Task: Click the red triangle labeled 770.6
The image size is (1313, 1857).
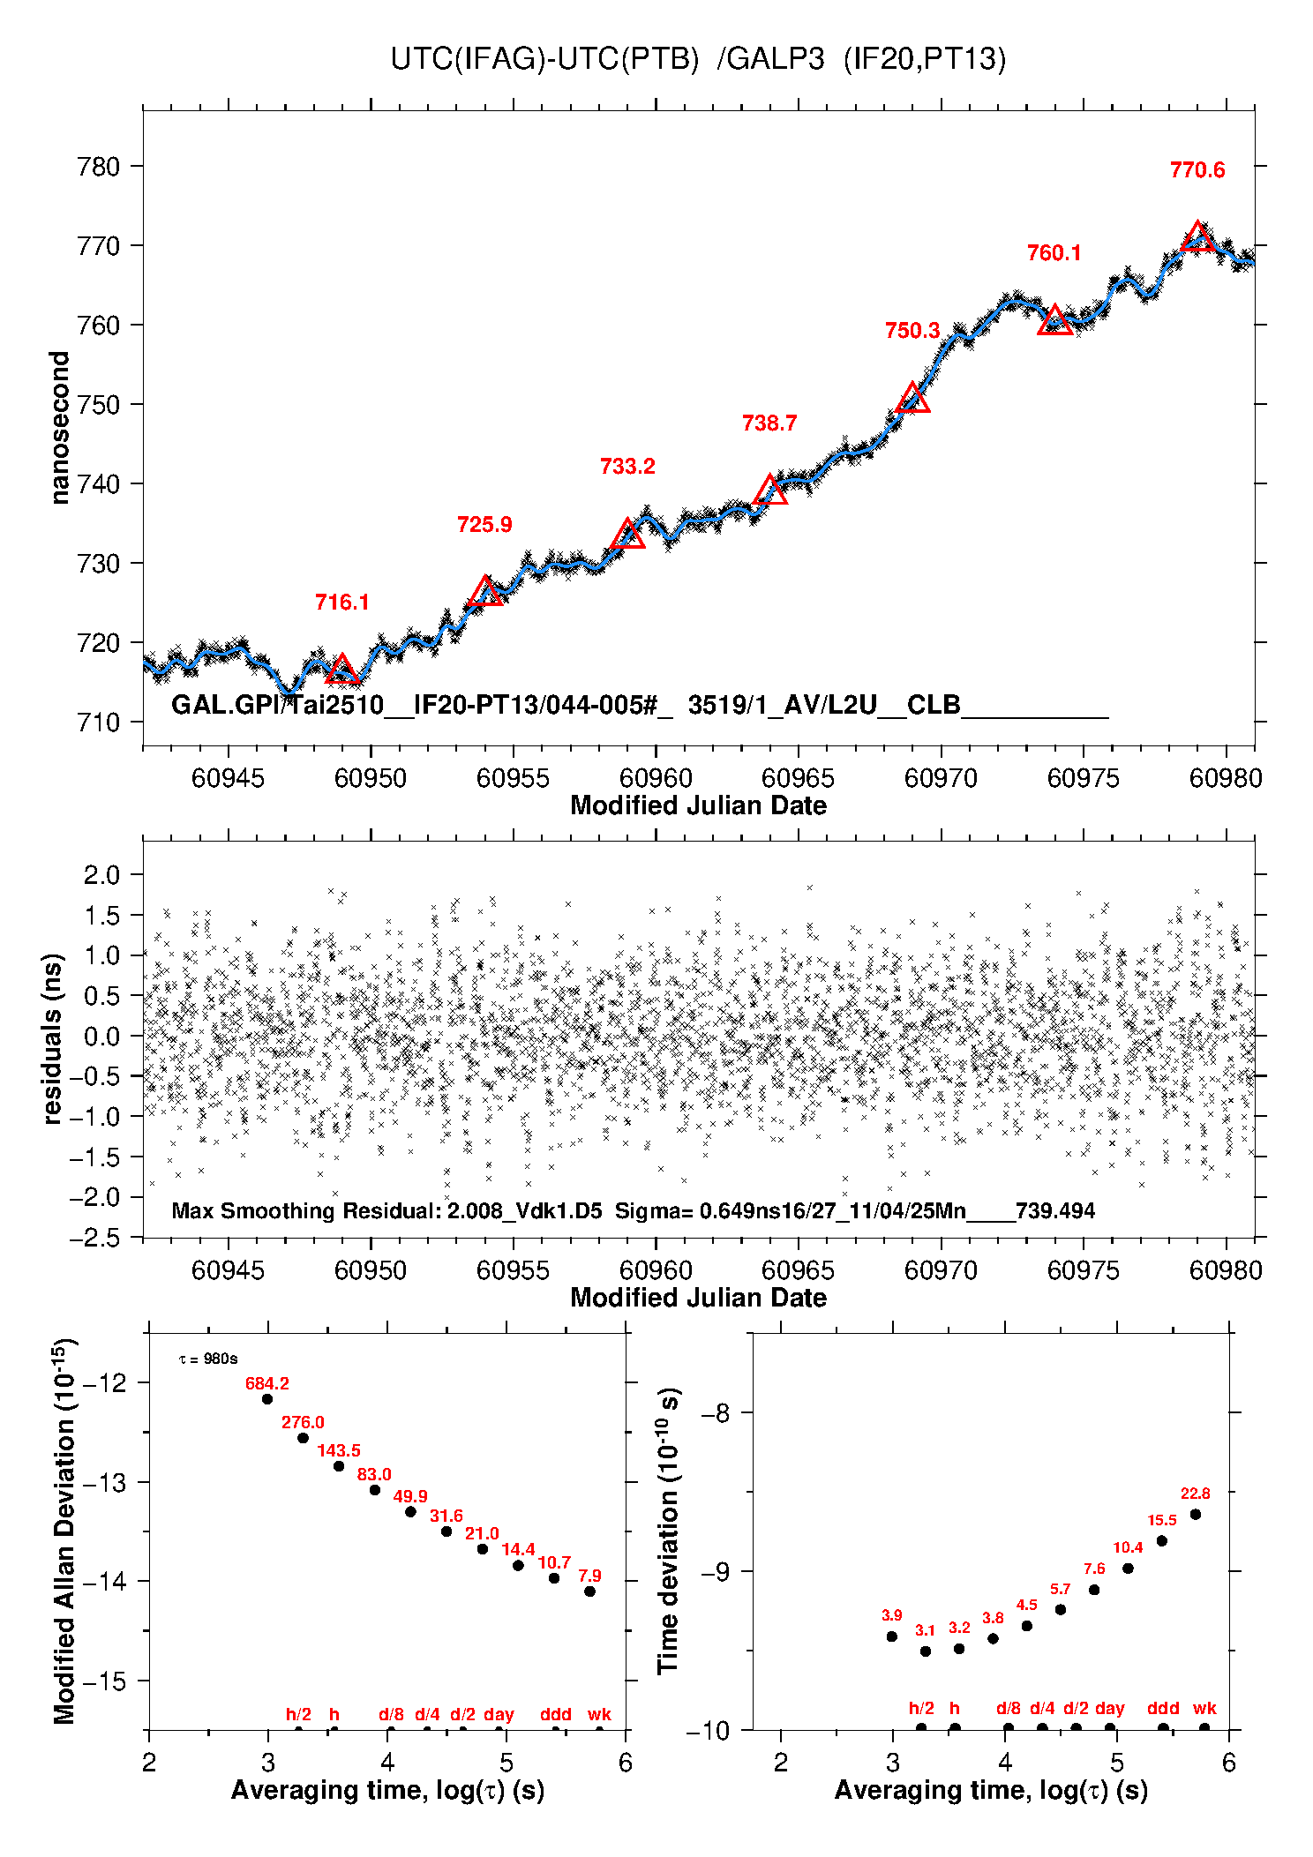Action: coord(1197,237)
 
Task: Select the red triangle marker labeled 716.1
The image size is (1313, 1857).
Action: coord(342,670)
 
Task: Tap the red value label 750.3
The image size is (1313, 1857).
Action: coord(912,331)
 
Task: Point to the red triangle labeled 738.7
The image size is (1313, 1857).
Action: coord(770,490)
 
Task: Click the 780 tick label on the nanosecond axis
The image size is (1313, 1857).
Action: coord(99,167)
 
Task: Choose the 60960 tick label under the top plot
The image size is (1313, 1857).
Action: coord(656,778)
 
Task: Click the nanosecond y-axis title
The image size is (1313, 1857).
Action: coord(59,428)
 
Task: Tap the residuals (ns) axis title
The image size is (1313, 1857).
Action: coord(52,1038)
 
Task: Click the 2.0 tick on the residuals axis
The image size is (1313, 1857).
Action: coord(101,875)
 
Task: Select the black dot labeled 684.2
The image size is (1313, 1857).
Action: coord(267,1399)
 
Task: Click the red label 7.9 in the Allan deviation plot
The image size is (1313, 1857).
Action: coord(589,1576)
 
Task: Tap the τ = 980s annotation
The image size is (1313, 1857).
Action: coord(208,1359)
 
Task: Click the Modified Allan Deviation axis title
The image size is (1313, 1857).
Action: coord(64,1531)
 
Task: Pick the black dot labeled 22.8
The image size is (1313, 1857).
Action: coord(1196,1515)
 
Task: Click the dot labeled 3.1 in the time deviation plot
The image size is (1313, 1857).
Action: coord(926,1651)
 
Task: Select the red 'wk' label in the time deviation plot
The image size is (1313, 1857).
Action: coord(1204,1708)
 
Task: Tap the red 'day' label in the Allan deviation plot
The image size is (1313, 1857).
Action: coord(499,1714)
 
